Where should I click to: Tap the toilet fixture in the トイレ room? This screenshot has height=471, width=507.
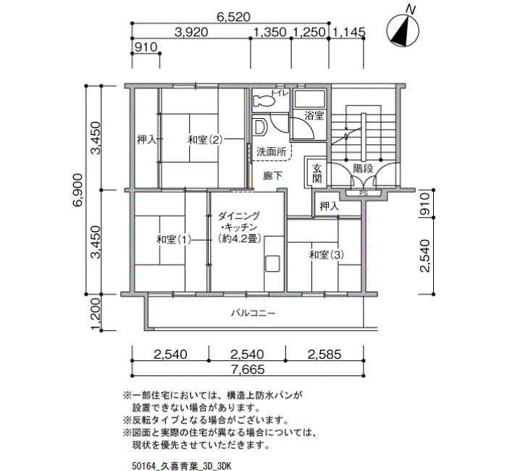[264, 101]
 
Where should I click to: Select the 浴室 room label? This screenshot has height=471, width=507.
[314, 115]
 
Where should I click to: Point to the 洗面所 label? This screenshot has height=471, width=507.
[272, 151]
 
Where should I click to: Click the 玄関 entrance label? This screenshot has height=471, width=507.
[317, 173]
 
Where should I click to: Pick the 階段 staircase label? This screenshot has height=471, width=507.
[363, 169]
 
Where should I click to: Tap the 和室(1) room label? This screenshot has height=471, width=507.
[174, 240]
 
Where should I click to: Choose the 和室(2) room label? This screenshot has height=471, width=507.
[205, 140]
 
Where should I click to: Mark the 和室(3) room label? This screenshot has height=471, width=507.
[327, 255]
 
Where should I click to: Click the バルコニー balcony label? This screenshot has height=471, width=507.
[253, 313]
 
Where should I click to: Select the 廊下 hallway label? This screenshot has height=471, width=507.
[272, 176]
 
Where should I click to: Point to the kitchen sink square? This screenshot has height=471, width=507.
[272, 262]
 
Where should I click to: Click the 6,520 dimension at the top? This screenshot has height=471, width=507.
[233, 17]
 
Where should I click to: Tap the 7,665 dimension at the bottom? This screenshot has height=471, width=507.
[248, 369]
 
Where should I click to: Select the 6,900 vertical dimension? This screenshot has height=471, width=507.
[77, 190]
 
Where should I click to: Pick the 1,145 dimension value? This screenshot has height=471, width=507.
[349, 32]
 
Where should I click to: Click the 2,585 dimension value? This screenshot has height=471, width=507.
[324, 354]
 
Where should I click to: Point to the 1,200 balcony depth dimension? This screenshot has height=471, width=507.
[96, 313]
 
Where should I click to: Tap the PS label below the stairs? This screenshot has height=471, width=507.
[364, 193]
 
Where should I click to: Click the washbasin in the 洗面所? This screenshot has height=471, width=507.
[259, 127]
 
